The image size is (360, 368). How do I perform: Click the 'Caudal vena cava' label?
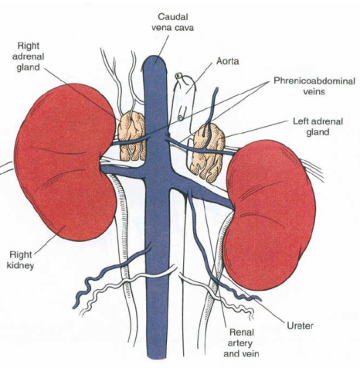(172, 22)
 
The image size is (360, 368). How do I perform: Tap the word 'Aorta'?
(228, 61)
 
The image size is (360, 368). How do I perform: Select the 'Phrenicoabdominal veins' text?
(314, 87)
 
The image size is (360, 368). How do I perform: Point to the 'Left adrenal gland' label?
(318, 127)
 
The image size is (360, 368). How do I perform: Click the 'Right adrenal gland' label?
(29, 56)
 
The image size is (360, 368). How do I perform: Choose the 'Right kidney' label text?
(21, 260)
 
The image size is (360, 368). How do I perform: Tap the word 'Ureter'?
(300, 325)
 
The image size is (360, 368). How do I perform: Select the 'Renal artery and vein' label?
(241, 343)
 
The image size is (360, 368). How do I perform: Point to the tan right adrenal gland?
(132, 136)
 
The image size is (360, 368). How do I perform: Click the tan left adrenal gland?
(209, 152)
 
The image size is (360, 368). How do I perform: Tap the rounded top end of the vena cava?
(155, 57)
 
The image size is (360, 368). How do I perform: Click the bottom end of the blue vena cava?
(155, 357)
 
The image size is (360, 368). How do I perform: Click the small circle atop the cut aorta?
(178, 76)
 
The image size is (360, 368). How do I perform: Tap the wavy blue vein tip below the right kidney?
(75, 307)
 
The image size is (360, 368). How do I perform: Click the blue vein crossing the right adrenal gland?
(130, 141)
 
